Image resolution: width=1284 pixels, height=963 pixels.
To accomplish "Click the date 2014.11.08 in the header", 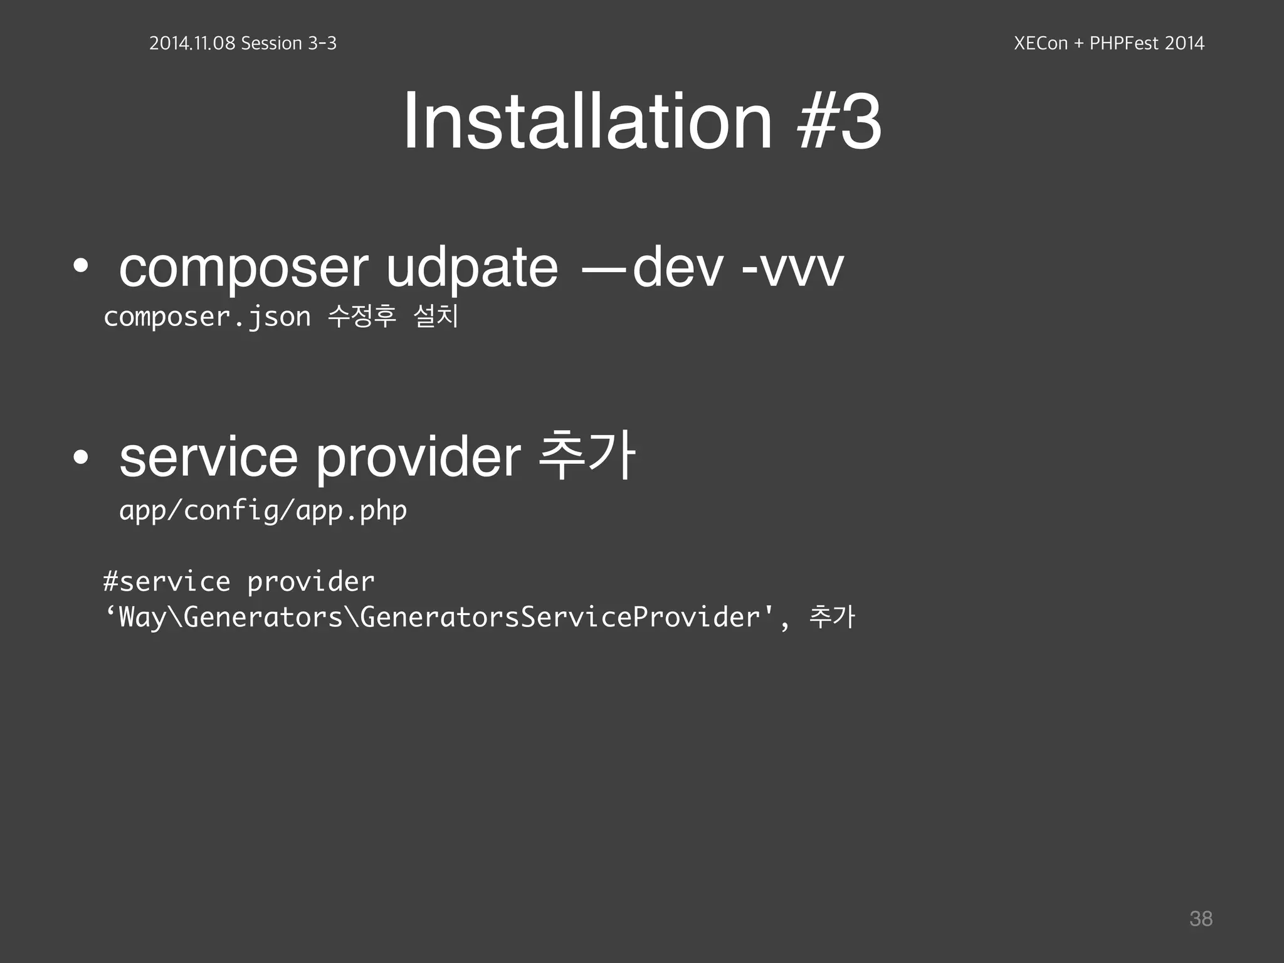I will pos(192,43).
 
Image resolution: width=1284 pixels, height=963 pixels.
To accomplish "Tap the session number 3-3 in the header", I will pos(322,43).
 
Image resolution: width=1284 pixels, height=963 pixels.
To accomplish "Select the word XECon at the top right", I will pos(1041,43).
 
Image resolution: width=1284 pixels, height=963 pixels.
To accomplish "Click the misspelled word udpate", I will pos(471,268).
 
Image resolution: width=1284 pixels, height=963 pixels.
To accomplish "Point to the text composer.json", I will pos(207,317).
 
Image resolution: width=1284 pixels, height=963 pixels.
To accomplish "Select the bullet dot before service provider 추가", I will pos(80,458).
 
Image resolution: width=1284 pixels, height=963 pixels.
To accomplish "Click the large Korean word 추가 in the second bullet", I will pos(587,456).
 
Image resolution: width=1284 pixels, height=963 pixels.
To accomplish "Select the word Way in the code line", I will pos(142,617).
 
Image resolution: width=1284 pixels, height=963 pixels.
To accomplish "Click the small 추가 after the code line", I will pos(832,616).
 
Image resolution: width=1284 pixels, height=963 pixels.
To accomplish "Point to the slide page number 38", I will pos(1201,918).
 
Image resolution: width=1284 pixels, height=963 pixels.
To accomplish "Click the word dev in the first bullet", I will pos(678,268).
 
